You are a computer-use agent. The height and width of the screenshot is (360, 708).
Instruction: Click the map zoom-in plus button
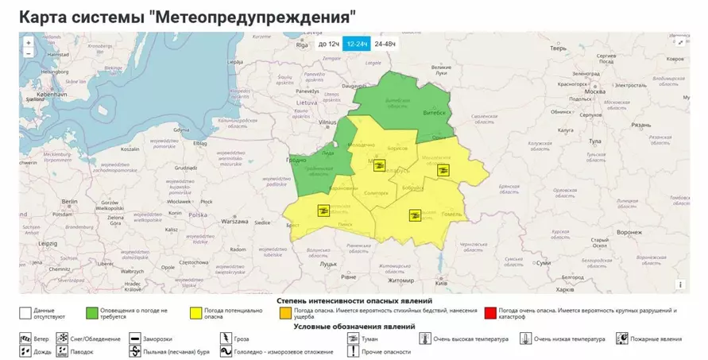point(29,43)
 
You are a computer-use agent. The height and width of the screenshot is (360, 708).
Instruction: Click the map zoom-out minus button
point(29,53)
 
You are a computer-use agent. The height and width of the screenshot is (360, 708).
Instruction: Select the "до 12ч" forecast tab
point(328,44)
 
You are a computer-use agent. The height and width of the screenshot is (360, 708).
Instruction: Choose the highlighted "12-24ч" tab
point(357,44)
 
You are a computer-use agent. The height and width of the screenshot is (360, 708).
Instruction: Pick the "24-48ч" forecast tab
point(385,44)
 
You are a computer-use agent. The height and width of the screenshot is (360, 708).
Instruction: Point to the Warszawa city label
point(235,221)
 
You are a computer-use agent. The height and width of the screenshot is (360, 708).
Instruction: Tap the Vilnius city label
point(328,123)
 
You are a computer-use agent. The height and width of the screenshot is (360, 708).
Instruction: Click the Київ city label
point(442,284)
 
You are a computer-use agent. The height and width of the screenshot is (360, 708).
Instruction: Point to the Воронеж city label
point(628,232)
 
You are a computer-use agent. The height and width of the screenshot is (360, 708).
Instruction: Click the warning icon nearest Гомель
point(414,215)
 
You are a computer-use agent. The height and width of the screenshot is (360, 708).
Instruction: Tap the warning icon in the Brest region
point(323,210)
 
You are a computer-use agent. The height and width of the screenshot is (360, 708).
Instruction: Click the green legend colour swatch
point(93,312)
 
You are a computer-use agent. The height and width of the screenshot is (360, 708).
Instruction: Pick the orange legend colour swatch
point(284,312)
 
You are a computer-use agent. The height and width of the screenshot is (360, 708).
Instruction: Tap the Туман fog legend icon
point(353,339)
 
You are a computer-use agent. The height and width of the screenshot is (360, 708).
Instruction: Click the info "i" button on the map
point(680,285)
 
